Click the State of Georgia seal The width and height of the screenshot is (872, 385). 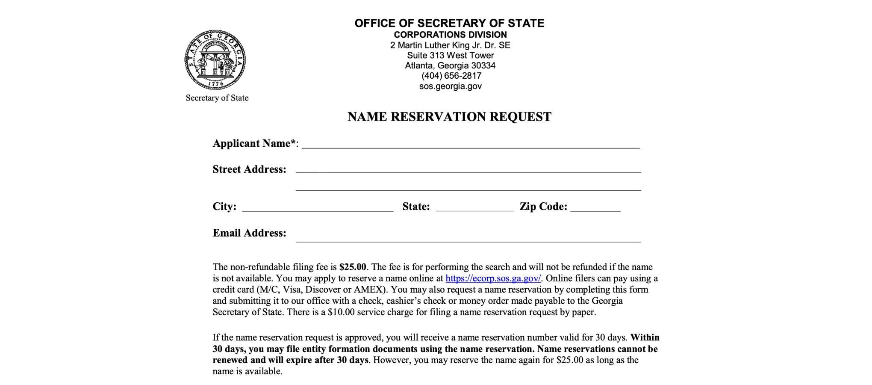click(x=215, y=59)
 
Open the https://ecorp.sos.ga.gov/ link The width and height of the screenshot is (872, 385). click(x=493, y=278)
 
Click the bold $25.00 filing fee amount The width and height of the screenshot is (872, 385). click(x=353, y=267)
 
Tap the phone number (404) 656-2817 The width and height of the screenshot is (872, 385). click(x=451, y=76)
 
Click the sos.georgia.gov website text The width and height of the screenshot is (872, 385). click(x=450, y=86)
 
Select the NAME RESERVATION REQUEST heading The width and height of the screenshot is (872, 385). click(x=449, y=117)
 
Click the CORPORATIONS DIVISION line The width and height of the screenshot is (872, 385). click(x=450, y=35)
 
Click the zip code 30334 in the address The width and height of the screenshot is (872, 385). click(x=483, y=65)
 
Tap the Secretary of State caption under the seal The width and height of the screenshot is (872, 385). click(x=217, y=98)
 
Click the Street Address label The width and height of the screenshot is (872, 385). click(x=249, y=169)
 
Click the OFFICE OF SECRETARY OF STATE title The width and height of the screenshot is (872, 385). click(x=449, y=23)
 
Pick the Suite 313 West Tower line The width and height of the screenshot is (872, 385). click(x=450, y=55)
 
